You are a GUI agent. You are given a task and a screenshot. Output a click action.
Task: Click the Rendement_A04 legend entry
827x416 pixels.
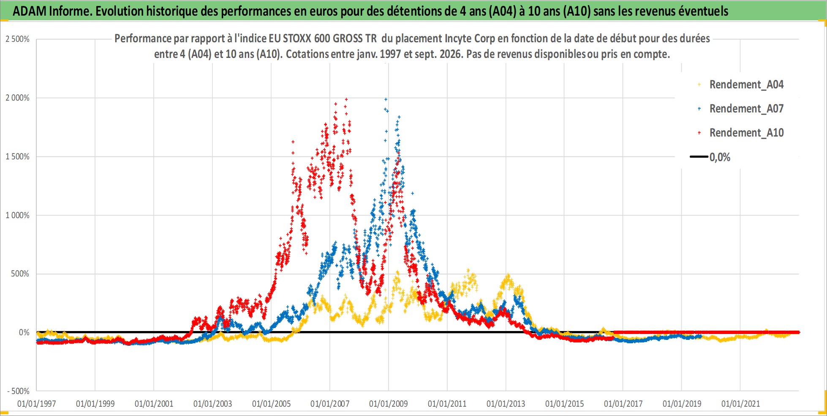click(x=741, y=85)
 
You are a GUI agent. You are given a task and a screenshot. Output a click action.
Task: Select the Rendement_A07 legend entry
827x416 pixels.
click(x=741, y=109)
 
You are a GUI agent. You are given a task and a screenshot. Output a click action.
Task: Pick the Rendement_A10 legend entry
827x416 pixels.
click(x=741, y=133)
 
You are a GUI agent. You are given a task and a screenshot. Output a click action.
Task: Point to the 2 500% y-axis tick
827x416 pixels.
click(x=17, y=39)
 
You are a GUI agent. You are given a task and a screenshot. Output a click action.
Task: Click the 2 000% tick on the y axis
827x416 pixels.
click(x=17, y=98)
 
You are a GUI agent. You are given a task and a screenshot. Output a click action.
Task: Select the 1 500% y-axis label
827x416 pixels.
click(x=17, y=157)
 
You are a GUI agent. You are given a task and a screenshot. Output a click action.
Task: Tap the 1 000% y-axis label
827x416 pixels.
click(x=17, y=216)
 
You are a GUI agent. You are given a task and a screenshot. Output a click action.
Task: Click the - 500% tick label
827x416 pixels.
click(x=18, y=391)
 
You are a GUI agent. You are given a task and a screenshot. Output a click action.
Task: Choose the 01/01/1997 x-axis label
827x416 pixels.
click(x=37, y=404)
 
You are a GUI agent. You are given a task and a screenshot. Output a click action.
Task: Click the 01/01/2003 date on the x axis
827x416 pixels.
click(x=212, y=404)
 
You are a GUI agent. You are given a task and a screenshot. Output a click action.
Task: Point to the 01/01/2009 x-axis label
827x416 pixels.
click(x=389, y=404)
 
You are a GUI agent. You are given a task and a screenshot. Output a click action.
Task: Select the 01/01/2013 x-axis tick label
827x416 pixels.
click(x=506, y=404)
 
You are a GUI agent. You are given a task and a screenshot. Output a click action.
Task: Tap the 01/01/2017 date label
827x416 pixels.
click(x=623, y=404)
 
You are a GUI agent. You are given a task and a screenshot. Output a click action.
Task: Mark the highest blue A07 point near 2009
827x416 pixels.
click(x=386, y=99)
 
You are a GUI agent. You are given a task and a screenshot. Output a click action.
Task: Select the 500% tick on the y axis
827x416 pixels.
click(x=20, y=274)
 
